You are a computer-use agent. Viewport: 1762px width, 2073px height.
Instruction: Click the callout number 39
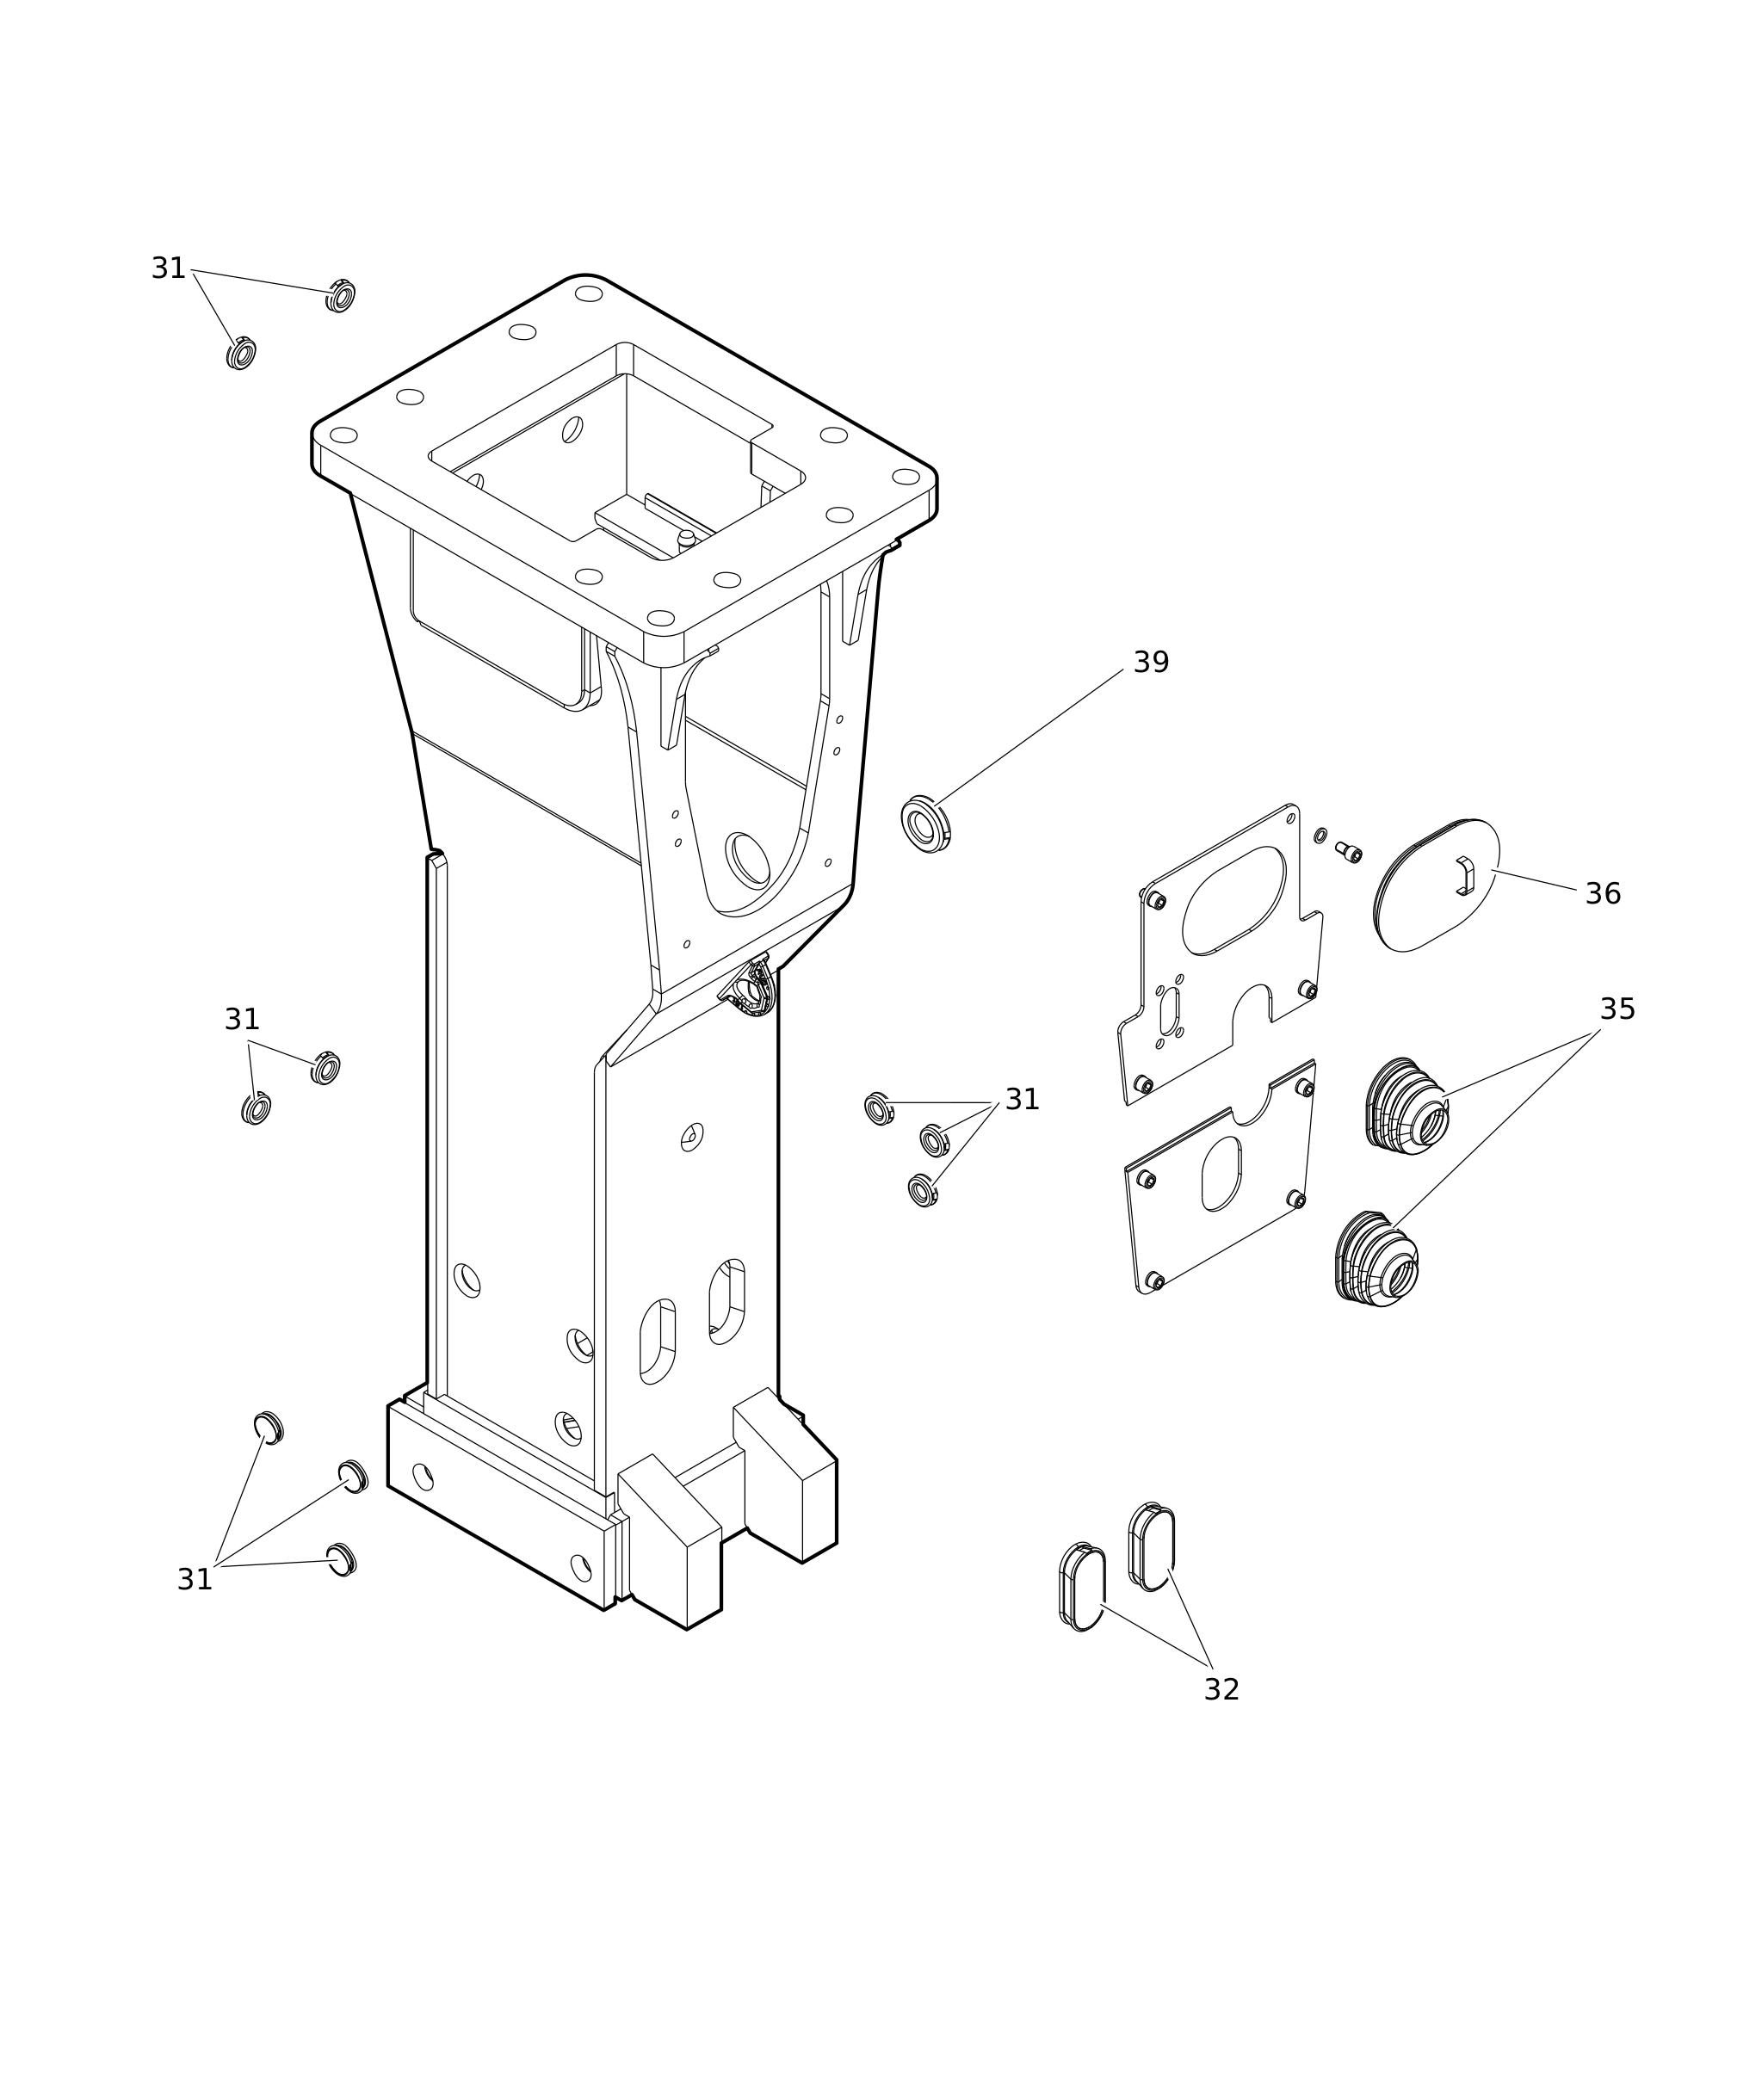[1151, 662]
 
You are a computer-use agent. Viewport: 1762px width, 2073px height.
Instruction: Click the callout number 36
[1603, 894]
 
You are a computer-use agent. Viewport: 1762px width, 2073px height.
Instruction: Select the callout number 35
[1617, 1009]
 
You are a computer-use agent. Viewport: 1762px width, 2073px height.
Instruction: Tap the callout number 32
[1221, 1689]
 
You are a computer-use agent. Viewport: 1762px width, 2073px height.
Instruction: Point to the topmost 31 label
[169, 268]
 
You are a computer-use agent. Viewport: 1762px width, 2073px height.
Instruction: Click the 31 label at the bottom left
[195, 1580]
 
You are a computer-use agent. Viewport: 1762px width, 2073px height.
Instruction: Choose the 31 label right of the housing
[1022, 1100]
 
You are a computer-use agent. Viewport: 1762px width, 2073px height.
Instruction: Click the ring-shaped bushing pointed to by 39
[925, 824]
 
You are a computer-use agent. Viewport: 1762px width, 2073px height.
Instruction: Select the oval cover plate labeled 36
[1437, 885]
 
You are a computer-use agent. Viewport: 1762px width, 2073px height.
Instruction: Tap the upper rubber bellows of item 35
[1407, 1107]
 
